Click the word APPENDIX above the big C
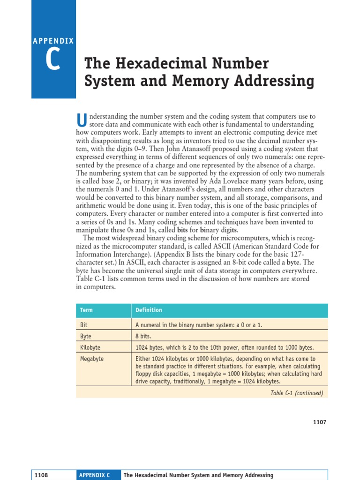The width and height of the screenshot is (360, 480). coord(53,41)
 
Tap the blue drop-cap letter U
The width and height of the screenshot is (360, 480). coord(82,120)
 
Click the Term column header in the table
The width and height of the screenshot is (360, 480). coord(86,310)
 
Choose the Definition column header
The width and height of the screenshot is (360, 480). coord(149,310)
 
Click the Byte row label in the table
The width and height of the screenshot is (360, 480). coord(86,336)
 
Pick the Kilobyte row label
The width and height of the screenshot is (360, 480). coord(90,347)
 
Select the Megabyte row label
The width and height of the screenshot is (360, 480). coord(92,359)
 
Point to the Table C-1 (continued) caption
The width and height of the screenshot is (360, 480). coord(297,393)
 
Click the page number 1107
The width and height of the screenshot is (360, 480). coord(319,422)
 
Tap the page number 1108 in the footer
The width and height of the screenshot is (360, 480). coord(41,475)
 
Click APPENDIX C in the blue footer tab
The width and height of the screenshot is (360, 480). coord(94,475)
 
